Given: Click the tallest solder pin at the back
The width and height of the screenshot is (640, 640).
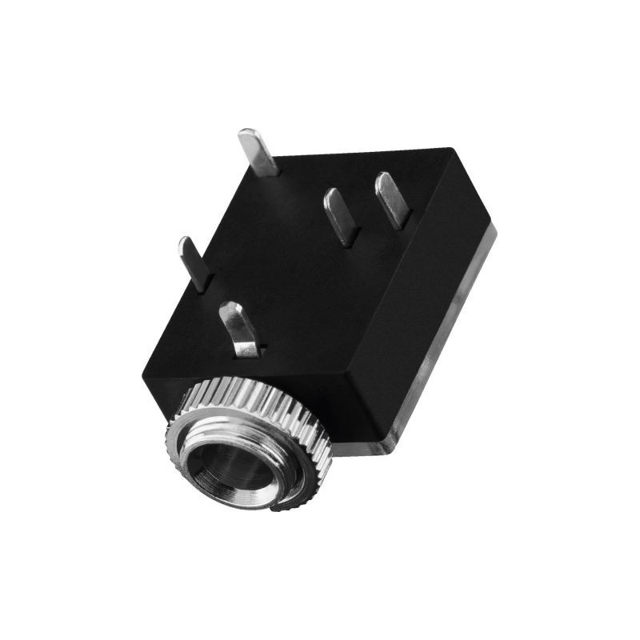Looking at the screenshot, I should pyautogui.click(x=258, y=152).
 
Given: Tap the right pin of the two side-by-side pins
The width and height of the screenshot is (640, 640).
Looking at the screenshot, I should pyautogui.click(x=392, y=200).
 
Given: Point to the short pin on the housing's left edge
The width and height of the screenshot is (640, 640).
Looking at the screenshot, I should pyautogui.click(x=194, y=262).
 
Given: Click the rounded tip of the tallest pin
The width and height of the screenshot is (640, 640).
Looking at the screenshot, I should pyautogui.click(x=247, y=134).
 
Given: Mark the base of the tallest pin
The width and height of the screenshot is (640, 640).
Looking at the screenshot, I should pyautogui.click(x=268, y=170).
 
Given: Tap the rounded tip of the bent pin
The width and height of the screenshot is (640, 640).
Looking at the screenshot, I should pyautogui.click(x=230, y=308).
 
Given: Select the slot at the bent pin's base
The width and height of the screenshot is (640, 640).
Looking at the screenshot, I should pyautogui.click(x=248, y=350).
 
